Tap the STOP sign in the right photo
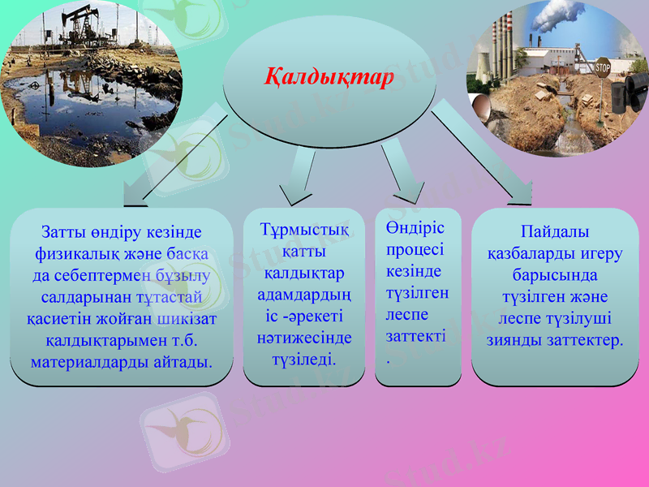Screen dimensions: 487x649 tap(602, 67)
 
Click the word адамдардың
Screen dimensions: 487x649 tap(304, 293)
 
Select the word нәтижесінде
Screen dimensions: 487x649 tap(304, 335)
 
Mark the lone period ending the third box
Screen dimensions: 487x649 tap(389, 359)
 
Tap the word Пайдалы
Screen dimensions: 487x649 tap(555, 232)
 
